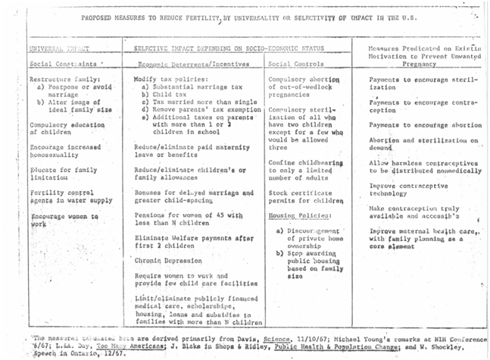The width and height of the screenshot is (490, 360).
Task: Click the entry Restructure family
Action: point(62,80)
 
